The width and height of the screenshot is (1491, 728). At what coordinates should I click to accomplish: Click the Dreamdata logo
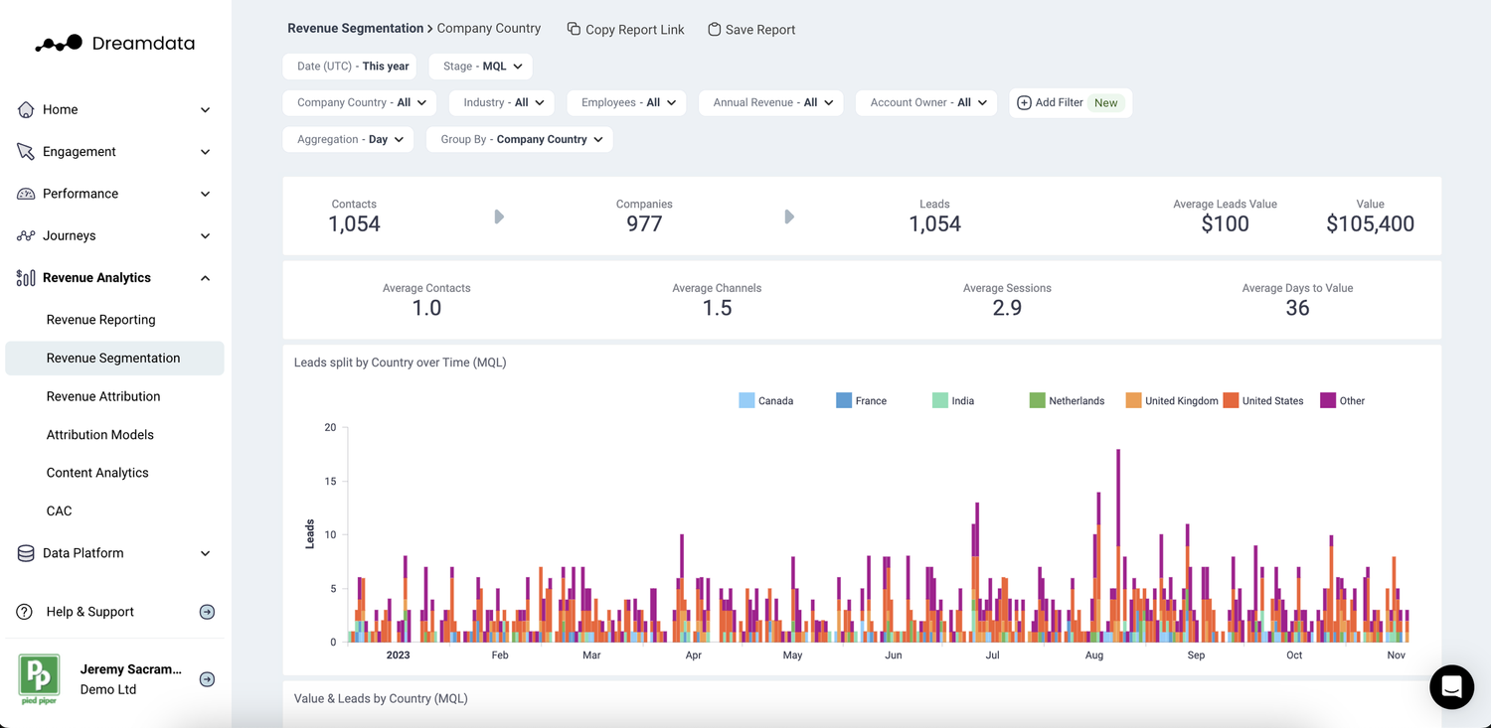tap(114, 44)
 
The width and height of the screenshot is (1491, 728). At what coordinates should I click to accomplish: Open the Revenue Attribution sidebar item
tap(103, 396)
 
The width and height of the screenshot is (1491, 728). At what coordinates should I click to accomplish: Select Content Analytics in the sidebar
tap(97, 473)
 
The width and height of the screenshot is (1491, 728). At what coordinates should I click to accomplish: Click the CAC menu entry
tap(60, 510)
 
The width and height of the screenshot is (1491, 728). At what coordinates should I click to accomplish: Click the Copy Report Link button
tap(626, 30)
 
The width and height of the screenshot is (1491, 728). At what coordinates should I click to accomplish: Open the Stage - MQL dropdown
tap(482, 67)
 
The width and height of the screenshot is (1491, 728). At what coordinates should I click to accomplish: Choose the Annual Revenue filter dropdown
tap(771, 102)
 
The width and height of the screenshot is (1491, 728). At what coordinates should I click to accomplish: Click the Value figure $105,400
tap(1370, 224)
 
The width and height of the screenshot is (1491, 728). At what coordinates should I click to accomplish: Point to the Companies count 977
tap(644, 224)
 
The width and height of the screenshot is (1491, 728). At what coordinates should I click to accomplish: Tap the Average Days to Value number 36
tap(1297, 309)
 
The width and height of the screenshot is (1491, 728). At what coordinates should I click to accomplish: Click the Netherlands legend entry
tap(1067, 401)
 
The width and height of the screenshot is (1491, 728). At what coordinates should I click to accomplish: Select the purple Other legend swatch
tap(1328, 401)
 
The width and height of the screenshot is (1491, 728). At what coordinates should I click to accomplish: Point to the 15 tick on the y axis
tap(330, 482)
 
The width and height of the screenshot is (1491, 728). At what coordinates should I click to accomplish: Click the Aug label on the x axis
tap(1094, 655)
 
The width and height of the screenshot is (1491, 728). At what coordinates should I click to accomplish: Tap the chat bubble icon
tap(1451, 686)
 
